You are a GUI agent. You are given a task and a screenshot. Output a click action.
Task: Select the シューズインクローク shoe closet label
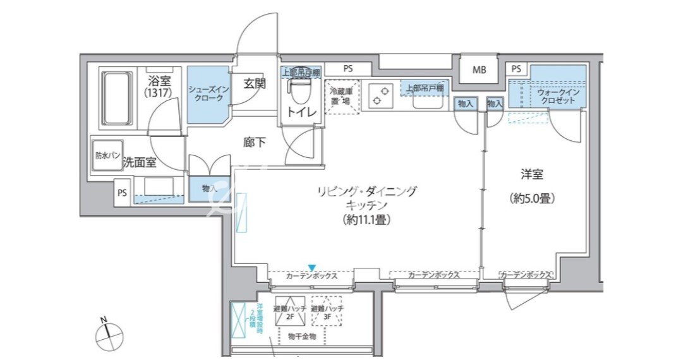206,93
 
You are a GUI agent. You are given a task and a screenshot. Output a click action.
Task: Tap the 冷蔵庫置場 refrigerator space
342,97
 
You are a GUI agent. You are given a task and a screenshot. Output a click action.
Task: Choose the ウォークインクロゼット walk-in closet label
557,95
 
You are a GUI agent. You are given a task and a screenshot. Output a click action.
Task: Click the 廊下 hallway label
255,143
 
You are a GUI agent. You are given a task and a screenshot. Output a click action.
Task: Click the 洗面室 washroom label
140,162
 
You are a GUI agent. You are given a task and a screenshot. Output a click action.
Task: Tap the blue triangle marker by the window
311,267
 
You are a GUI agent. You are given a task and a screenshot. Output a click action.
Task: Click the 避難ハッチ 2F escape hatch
289,310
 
